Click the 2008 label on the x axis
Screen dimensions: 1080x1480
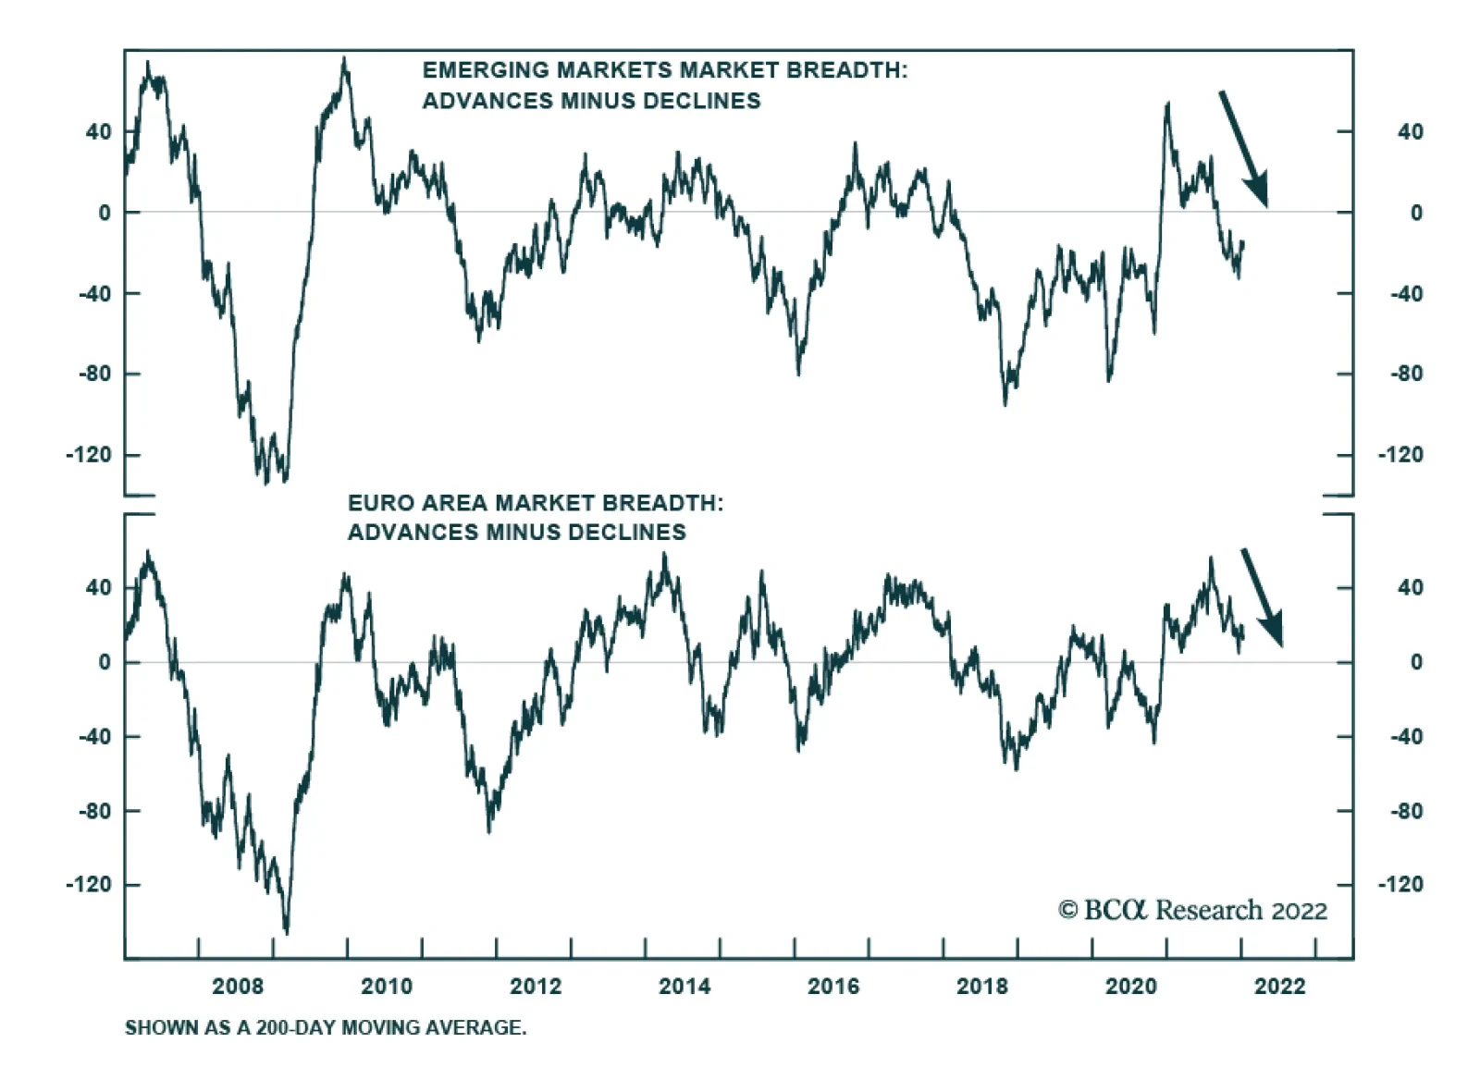point(238,987)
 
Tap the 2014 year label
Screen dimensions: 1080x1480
point(684,987)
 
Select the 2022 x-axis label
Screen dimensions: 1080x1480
point(1279,987)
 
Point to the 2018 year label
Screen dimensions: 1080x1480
point(982,987)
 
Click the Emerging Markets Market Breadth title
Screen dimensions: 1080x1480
point(664,85)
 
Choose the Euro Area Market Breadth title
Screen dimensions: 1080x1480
point(535,517)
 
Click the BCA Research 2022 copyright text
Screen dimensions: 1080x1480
point(1192,911)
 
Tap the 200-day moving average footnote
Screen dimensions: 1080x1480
point(326,1027)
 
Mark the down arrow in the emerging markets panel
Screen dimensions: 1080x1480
point(1243,148)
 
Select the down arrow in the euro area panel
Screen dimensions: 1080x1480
point(1262,597)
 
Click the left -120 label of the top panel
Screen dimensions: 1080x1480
point(89,455)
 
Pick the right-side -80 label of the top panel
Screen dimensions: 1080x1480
point(1406,374)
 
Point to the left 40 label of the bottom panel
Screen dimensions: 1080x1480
point(98,588)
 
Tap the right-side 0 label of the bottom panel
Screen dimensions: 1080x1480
point(1415,662)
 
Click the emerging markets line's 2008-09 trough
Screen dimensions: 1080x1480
point(268,481)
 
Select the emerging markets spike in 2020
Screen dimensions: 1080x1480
point(1167,105)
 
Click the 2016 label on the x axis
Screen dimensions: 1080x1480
point(833,987)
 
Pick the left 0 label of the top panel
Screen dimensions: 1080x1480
point(105,213)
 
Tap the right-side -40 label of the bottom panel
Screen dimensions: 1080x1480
point(1406,737)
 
